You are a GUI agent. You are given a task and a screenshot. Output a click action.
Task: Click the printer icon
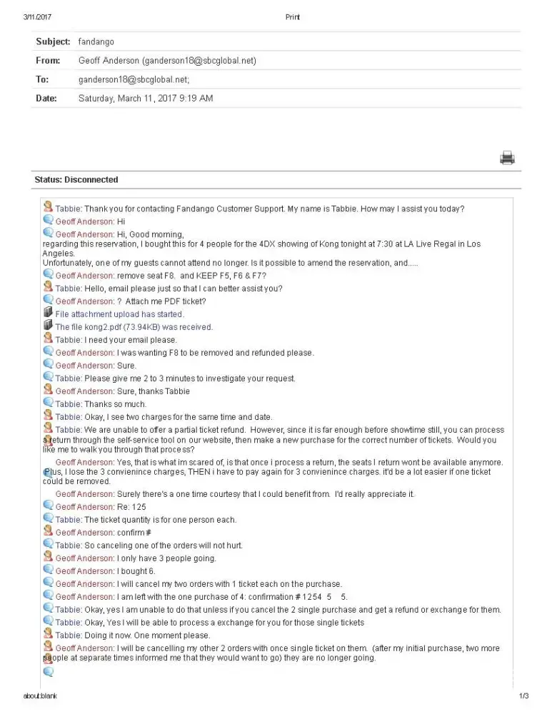tap(507, 158)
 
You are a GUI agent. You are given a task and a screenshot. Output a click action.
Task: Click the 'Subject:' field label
tap(53, 41)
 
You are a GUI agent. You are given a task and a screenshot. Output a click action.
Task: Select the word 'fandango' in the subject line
tap(96, 41)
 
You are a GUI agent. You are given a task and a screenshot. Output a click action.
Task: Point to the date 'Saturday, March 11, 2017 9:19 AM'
tap(145, 98)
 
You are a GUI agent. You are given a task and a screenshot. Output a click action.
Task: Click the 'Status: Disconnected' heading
tap(76, 180)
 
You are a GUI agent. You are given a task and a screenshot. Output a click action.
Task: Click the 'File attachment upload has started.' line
tap(119, 314)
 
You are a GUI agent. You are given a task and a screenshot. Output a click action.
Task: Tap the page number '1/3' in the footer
tap(523, 696)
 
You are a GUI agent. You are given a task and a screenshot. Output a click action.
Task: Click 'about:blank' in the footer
tap(40, 696)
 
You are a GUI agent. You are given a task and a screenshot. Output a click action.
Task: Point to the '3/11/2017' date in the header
tap(38, 17)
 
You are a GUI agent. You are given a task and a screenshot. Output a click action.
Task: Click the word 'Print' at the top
tap(292, 17)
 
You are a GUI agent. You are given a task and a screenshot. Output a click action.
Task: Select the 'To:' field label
tap(42, 79)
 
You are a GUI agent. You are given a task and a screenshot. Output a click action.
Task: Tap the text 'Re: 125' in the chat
tap(131, 507)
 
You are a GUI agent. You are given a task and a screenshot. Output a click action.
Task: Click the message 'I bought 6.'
tap(136, 571)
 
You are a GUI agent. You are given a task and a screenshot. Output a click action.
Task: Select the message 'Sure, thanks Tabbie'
tap(153, 391)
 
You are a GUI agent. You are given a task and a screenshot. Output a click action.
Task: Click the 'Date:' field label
tap(46, 98)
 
